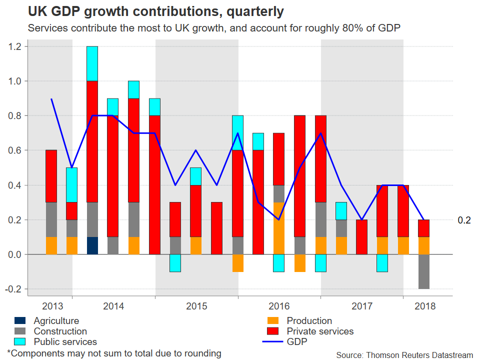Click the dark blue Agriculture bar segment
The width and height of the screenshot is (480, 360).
tap(92, 245)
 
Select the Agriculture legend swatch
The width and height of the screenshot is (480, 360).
tap(20, 321)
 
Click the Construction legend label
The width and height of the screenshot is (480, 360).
tap(60, 331)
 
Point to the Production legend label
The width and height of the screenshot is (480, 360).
tap(309, 321)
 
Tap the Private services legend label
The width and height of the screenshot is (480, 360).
tap(320, 331)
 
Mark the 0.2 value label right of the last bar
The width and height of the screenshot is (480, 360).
tap(464, 220)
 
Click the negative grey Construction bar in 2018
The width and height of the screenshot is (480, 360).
tap(424, 271)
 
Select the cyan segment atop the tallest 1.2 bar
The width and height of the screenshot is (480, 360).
tap(92, 63)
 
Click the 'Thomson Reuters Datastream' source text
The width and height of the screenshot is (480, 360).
tap(419, 355)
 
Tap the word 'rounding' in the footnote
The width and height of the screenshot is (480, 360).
tap(202, 353)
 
